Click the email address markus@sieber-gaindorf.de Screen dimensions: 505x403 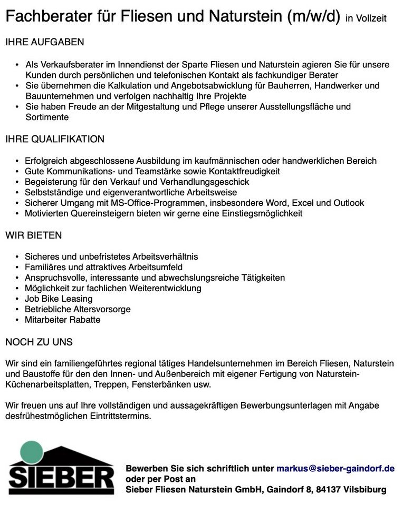coord(335,468)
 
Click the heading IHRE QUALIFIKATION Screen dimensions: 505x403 coord(55,140)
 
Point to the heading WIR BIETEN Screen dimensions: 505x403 coord(34,235)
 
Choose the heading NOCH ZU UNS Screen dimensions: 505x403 coord(39,342)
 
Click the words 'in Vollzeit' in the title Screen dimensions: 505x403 coord(366,19)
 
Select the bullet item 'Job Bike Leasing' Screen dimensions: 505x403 coord(59,299)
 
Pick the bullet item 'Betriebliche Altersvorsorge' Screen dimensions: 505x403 coord(78,309)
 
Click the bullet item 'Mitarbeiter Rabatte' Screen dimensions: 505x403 coord(62,320)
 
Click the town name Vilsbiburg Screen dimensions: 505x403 coord(364,490)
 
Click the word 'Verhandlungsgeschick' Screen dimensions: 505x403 coord(208,182)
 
